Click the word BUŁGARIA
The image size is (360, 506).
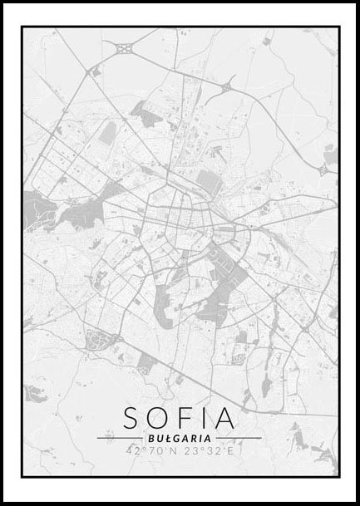click(180, 438)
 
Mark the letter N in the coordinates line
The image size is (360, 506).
click(174, 451)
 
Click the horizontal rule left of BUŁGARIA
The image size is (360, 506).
click(120, 438)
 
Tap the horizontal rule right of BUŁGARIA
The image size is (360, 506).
click(239, 438)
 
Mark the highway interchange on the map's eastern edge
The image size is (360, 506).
click(323, 169)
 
